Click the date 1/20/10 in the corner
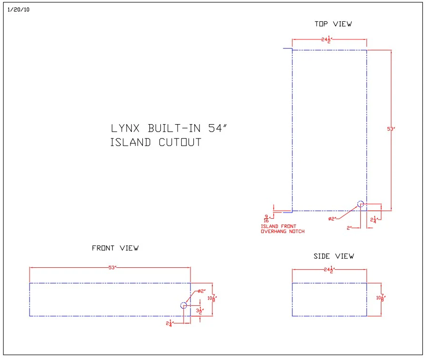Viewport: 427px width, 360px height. click(19, 10)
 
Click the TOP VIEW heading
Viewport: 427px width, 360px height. click(333, 24)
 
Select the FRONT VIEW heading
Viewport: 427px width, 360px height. click(115, 248)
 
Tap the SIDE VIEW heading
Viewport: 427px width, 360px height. click(334, 256)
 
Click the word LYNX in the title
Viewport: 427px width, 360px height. click(127, 128)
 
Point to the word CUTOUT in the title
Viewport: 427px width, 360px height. click(180, 142)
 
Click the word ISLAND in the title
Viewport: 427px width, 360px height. click(131, 142)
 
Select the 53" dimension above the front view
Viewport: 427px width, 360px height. click(112, 267)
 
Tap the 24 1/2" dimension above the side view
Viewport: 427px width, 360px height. click(328, 270)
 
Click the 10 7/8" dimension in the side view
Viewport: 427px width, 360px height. click(380, 298)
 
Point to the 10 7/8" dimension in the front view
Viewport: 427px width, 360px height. click(212, 298)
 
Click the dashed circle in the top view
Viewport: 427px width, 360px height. click(360, 204)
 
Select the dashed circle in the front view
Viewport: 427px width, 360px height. click(183, 305)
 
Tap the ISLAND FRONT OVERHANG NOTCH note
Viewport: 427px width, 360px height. click(282, 229)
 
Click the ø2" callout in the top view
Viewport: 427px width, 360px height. click(332, 219)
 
